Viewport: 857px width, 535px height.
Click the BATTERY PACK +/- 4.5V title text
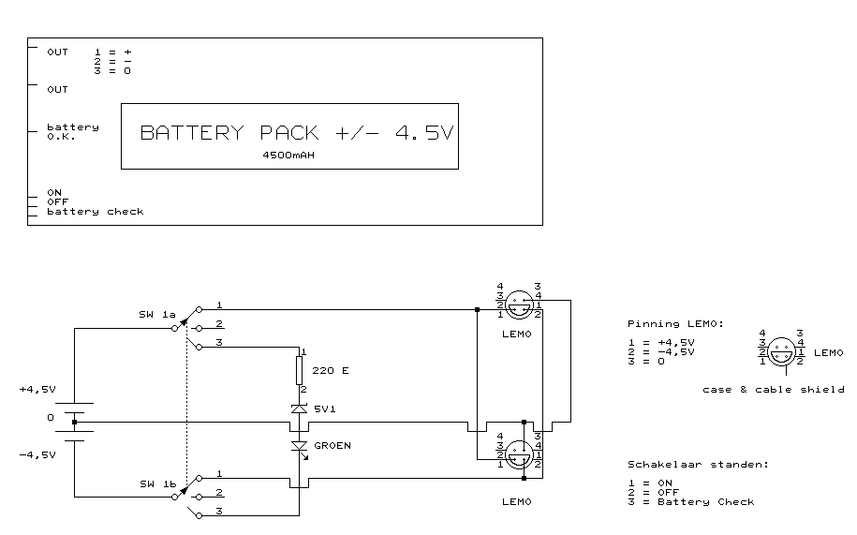point(296,132)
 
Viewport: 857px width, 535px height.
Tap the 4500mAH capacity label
point(288,156)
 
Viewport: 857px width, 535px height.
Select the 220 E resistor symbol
point(300,370)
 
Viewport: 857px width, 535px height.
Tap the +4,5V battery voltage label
point(37,389)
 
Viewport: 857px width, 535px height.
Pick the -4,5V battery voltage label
point(37,454)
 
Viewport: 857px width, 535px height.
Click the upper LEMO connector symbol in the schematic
point(519,303)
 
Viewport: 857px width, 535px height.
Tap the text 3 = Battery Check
point(690,501)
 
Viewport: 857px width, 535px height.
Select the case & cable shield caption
point(773,389)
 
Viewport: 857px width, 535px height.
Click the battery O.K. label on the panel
point(72,131)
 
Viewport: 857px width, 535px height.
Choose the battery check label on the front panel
point(95,212)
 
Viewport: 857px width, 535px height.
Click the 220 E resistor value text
point(331,371)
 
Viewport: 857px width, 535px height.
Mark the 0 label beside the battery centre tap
point(51,417)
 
